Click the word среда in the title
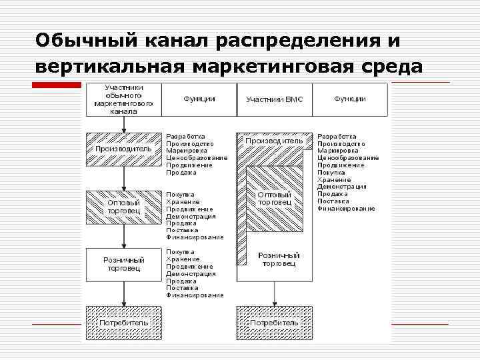point(391,67)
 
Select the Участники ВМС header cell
point(274,99)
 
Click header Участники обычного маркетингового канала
point(123,99)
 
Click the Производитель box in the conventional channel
point(123,149)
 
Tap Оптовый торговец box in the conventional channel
point(123,207)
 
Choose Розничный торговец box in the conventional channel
point(123,264)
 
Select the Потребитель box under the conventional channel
point(123,323)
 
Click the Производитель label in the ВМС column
point(274,141)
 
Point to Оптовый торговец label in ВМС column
point(274,198)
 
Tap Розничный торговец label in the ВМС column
point(279,259)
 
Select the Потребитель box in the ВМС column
point(274,323)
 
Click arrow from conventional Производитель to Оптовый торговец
point(123,178)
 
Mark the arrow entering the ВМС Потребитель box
point(274,296)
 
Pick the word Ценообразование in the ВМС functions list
point(347,158)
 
